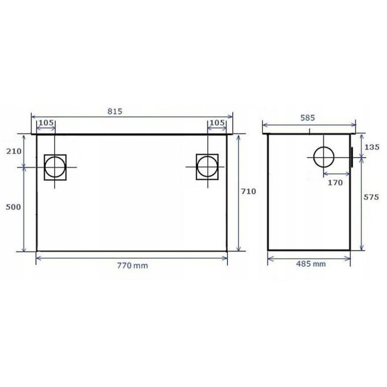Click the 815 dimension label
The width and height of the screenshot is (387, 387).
tap(115, 111)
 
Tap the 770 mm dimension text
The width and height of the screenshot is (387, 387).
tap(133, 265)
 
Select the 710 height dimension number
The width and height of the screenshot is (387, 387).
tap(248, 191)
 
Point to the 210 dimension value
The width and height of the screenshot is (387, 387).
tap(14, 151)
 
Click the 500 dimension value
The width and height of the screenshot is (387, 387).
tap(13, 207)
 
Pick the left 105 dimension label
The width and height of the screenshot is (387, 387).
tap(46, 122)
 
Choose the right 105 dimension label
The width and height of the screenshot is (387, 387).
tap(217, 122)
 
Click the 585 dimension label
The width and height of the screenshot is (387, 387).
tap(308, 118)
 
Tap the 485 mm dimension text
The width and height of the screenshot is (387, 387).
tap(311, 264)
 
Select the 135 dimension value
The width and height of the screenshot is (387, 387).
tap(372, 147)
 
